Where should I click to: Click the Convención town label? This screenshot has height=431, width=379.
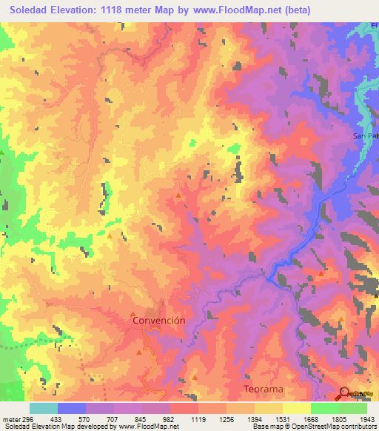[158, 321]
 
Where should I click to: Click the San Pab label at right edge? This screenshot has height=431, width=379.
[364, 137]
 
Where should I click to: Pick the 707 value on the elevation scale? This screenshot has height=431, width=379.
[112, 418]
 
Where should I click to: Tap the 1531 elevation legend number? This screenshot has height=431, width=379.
[282, 418]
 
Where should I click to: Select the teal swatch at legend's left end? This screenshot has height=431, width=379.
[44, 408]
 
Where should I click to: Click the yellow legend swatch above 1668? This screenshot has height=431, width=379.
[296, 408]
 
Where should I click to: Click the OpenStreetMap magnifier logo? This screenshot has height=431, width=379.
[346, 394]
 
